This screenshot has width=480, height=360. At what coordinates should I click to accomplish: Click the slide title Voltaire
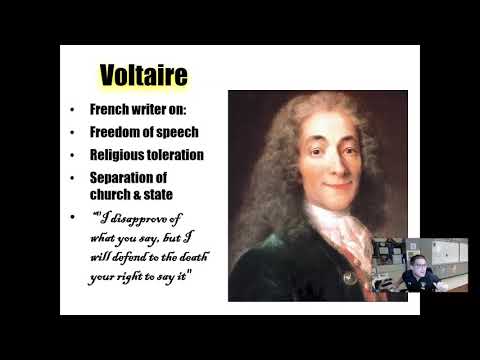(x=143, y=76)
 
